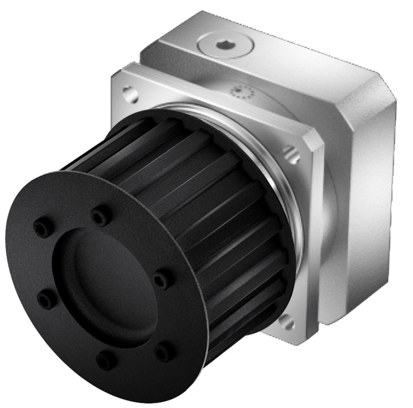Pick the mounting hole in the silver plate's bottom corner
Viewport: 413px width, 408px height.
(x=285, y=320)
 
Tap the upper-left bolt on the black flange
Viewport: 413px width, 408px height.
(x=40, y=227)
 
